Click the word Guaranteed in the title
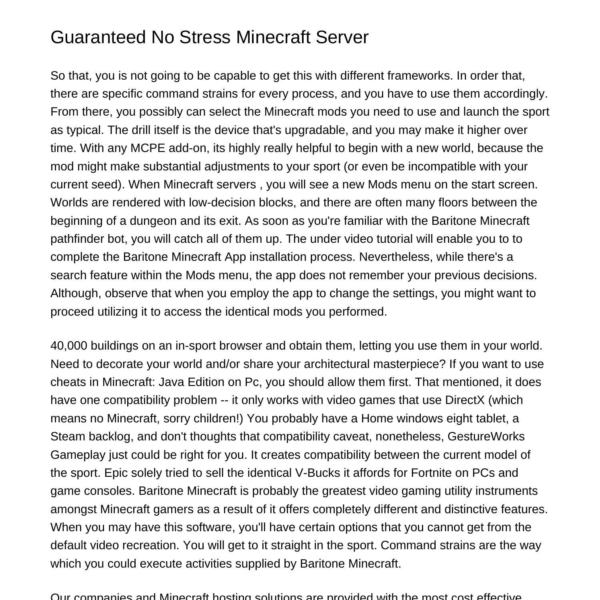[x=98, y=37]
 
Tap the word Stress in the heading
[x=205, y=37]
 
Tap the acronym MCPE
[x=148, y=148]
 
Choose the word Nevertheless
[x=396, y=257]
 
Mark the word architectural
[x=337, y=364]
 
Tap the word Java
[x=171, y=382]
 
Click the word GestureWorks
[x=486, y=436]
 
